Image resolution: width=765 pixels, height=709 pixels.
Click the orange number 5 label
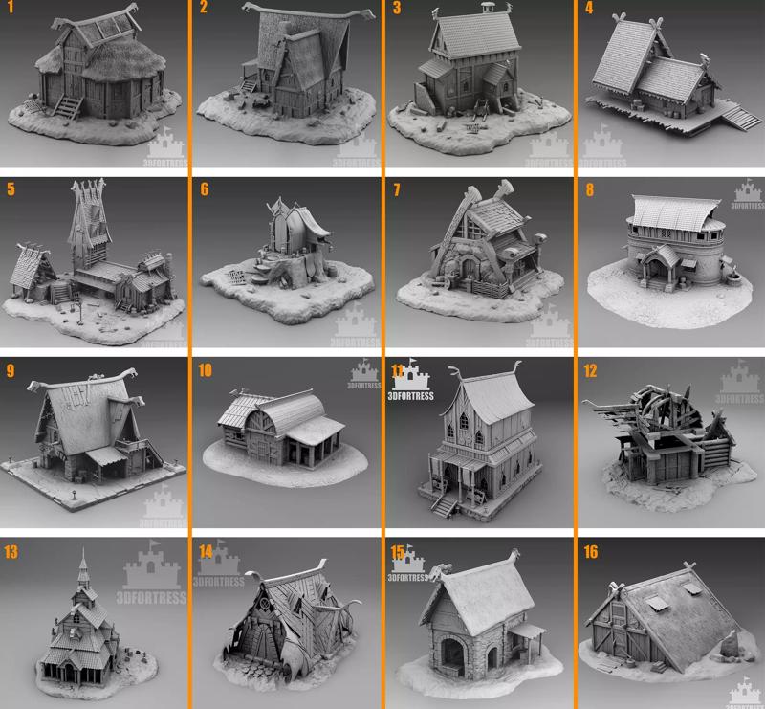tap(11, 189)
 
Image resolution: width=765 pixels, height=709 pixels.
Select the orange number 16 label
tap(590, 551)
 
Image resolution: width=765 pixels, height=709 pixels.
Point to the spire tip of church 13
tap(83, 554)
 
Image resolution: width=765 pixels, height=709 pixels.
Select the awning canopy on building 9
tap(108, 454)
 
